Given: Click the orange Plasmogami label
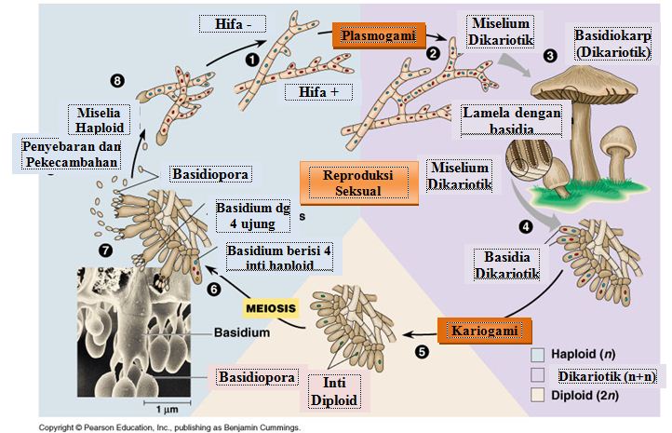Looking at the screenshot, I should [x=373, y=36].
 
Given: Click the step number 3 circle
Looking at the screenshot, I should [x=549, y=55].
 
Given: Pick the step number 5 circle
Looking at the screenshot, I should [x=422, y=352].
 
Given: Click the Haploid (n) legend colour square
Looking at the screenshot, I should [x=537, y=354].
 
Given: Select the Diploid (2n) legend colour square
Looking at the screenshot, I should [x=537, y=394].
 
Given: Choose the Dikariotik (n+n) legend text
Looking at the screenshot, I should [x=605, y=375].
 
